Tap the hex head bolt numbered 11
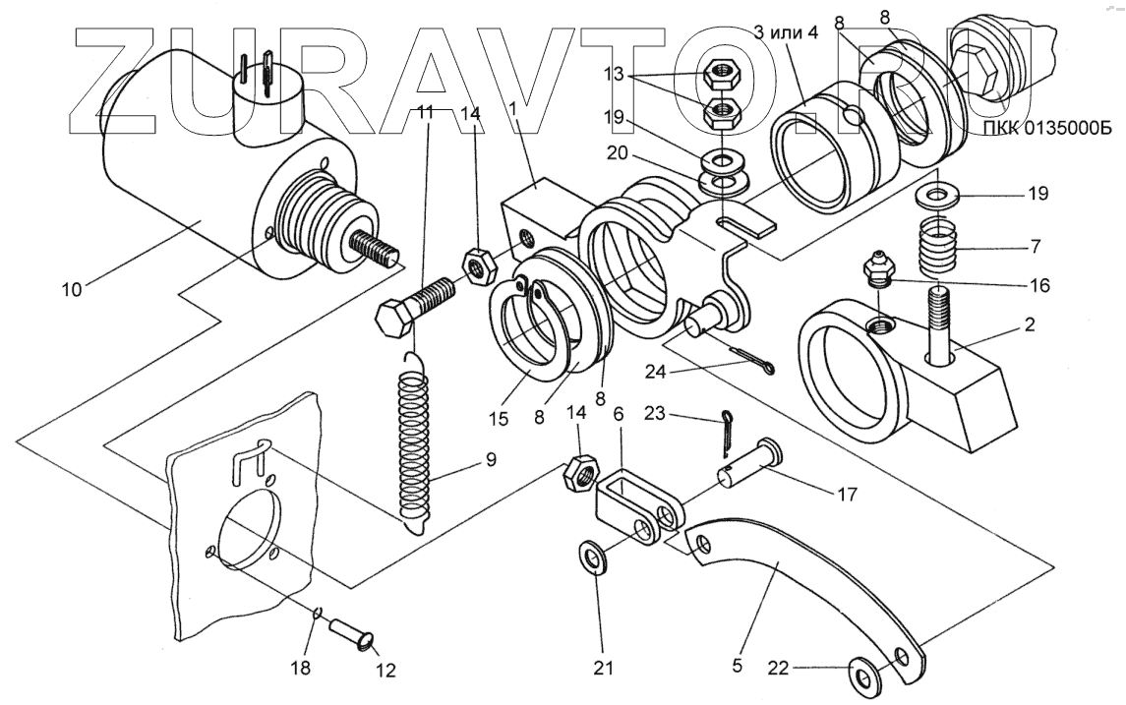coord(413,302)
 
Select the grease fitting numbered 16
coord(875,268)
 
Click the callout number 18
coord(300,669)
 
